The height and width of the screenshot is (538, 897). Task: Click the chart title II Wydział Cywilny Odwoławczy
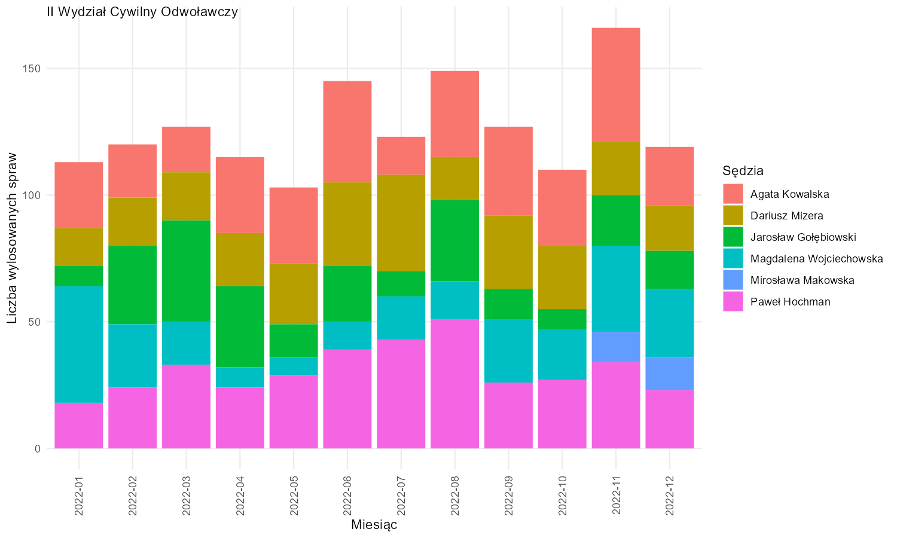142,12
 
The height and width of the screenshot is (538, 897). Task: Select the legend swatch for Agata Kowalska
733,194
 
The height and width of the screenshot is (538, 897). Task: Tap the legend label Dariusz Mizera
786,216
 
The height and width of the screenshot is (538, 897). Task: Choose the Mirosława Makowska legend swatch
733,280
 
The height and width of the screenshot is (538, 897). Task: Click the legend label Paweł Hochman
790,302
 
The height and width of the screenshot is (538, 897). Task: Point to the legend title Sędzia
743,171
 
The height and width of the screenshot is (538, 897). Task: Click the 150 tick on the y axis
32,69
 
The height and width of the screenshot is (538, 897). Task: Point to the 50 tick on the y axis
35,322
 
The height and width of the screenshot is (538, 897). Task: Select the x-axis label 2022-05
294,496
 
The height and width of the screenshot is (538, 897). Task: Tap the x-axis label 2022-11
616,496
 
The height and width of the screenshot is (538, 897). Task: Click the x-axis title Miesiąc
374,525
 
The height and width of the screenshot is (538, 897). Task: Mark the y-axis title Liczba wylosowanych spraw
12,238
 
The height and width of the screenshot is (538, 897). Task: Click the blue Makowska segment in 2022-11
616,347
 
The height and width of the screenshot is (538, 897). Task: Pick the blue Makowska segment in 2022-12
670,374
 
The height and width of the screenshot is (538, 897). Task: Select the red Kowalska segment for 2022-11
616,85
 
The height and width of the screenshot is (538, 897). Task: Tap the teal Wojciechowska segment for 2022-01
79,344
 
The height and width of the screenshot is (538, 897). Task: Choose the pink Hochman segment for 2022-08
455,384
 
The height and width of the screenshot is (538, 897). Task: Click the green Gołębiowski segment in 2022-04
240,326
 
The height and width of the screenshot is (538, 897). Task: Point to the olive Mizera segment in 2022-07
401,223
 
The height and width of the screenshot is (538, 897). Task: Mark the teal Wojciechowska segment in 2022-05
294,366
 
